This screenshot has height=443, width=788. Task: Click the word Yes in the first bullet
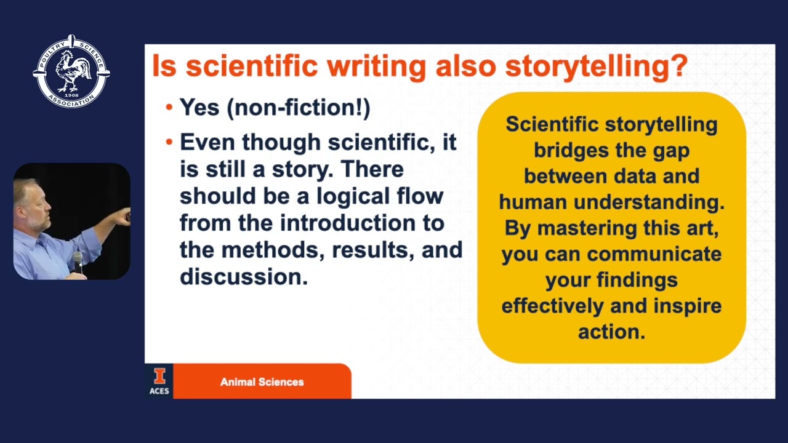[199, 108]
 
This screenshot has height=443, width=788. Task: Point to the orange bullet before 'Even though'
[169, 143]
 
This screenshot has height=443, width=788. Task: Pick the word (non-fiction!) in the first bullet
[299, 108]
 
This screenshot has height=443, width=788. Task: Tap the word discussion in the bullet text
[243, 277]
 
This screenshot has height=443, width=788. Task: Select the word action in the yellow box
[611, 332]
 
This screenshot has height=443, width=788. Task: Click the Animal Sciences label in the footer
[262, 382]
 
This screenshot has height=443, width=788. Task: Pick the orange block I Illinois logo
[159, 376]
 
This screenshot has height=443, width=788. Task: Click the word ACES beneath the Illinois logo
[159, 391]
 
